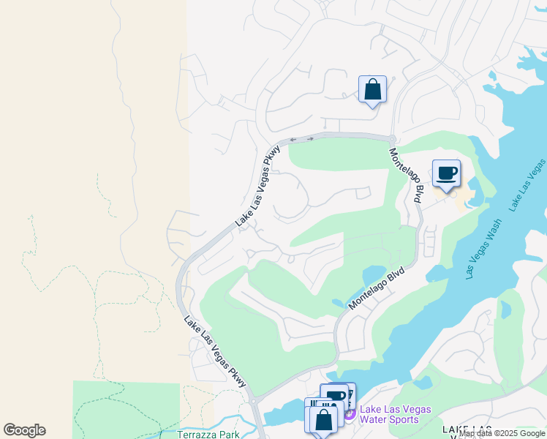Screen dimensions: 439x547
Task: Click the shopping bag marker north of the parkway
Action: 372,90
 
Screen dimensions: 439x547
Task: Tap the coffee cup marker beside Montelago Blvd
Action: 446,174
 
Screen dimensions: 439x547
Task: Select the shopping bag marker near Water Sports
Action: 322,420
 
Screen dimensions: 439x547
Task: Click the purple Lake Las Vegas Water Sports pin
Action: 349,415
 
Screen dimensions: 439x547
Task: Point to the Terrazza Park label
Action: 208,434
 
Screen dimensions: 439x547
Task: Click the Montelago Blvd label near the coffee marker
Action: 405,175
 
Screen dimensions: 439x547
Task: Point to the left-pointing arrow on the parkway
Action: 293,139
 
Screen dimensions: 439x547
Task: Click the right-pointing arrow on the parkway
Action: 309,138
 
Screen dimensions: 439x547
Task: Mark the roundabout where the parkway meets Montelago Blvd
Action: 392,139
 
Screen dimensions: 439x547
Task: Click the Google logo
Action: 24,430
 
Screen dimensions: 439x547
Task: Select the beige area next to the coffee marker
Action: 462,197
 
